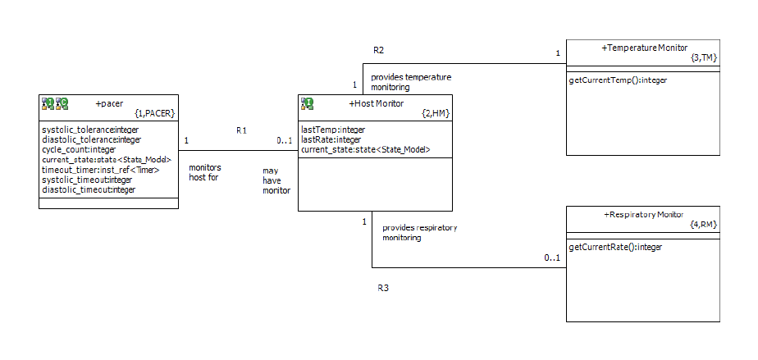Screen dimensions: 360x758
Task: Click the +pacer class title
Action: (109, 103)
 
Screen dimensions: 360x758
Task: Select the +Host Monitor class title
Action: (376, 103)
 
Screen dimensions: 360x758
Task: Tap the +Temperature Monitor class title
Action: (645, 48)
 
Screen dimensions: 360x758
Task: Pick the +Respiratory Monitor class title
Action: (643, 214)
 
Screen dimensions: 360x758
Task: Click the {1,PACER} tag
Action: (154, 113)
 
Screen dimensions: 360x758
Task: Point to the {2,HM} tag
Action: (436, 113)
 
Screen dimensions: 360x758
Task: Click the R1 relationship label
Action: (241, 130)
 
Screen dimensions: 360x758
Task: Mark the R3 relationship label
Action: (382, 288)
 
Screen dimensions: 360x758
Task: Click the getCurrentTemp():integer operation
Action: (618, 80)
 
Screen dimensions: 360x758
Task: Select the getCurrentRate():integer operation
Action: (615, 246)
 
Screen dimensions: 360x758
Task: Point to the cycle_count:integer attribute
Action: (79, 149)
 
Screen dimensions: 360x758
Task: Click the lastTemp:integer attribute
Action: (333, 130)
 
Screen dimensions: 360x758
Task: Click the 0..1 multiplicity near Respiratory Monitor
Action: (552, 259)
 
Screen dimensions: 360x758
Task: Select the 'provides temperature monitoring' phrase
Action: (410, 82)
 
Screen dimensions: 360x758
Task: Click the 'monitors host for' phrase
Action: (205, 172)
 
